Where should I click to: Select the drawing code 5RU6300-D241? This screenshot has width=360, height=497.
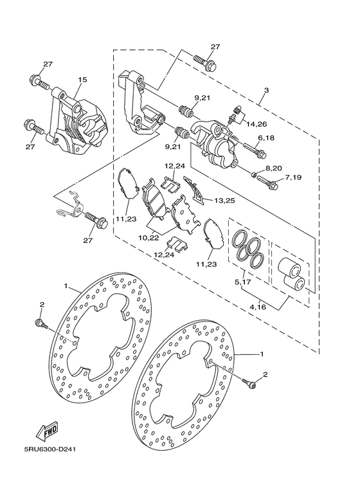pyautogui.click(x=49, y=449)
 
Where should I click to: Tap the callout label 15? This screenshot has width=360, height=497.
pyautogui.click(x=82, y=80)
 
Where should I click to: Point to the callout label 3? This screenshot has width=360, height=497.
pyautogui.click(x=266, y=91)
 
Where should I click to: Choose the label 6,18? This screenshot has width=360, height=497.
pyautogui.click(x=266, y=138)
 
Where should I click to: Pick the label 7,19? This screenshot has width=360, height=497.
pyautogui.click(x=292, y=177)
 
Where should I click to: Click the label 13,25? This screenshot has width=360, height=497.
pyautogui.click(x=224, y=201)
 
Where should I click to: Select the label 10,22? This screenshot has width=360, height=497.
pyautogui.click(x=148, y=238)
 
